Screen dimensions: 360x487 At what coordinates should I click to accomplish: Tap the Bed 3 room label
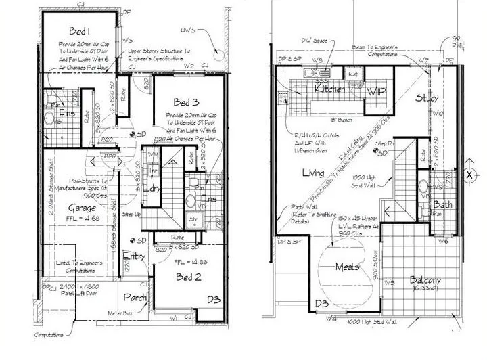coord(187,102)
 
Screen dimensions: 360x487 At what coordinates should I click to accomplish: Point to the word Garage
coord(82,208)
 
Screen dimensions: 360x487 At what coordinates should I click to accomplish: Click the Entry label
coord(134,256)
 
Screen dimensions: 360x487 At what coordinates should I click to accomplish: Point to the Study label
coord(427,99)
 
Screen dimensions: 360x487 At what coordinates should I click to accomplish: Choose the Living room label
coord(313,173)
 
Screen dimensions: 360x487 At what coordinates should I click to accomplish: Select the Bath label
coord(442,204)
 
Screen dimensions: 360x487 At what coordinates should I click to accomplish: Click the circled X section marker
coord(469,173)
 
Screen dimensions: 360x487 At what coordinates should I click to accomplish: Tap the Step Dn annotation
coord(386,145)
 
